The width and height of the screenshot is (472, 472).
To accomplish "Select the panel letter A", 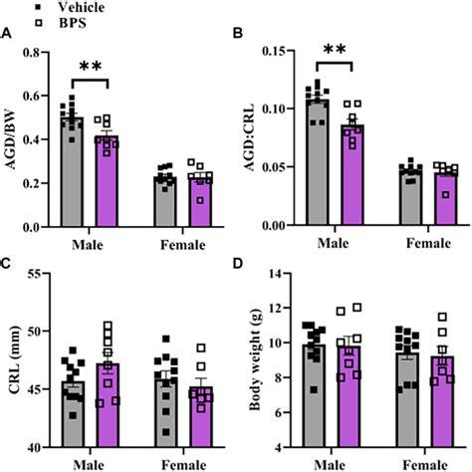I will tap(7, 35).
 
